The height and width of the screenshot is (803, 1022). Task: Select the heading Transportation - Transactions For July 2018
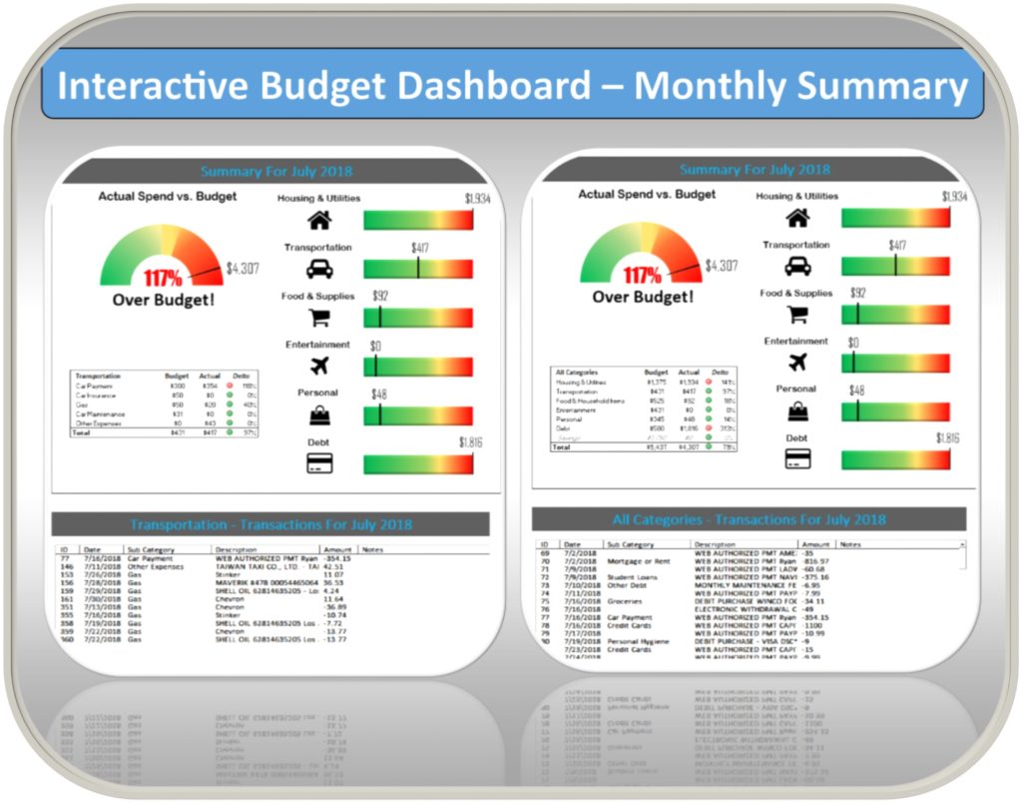270,524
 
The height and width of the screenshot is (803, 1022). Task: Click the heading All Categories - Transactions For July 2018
749,519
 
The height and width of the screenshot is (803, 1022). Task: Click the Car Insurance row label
96,396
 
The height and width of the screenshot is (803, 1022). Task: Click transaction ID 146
67,566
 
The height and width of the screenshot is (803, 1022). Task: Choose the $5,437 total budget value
657,446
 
